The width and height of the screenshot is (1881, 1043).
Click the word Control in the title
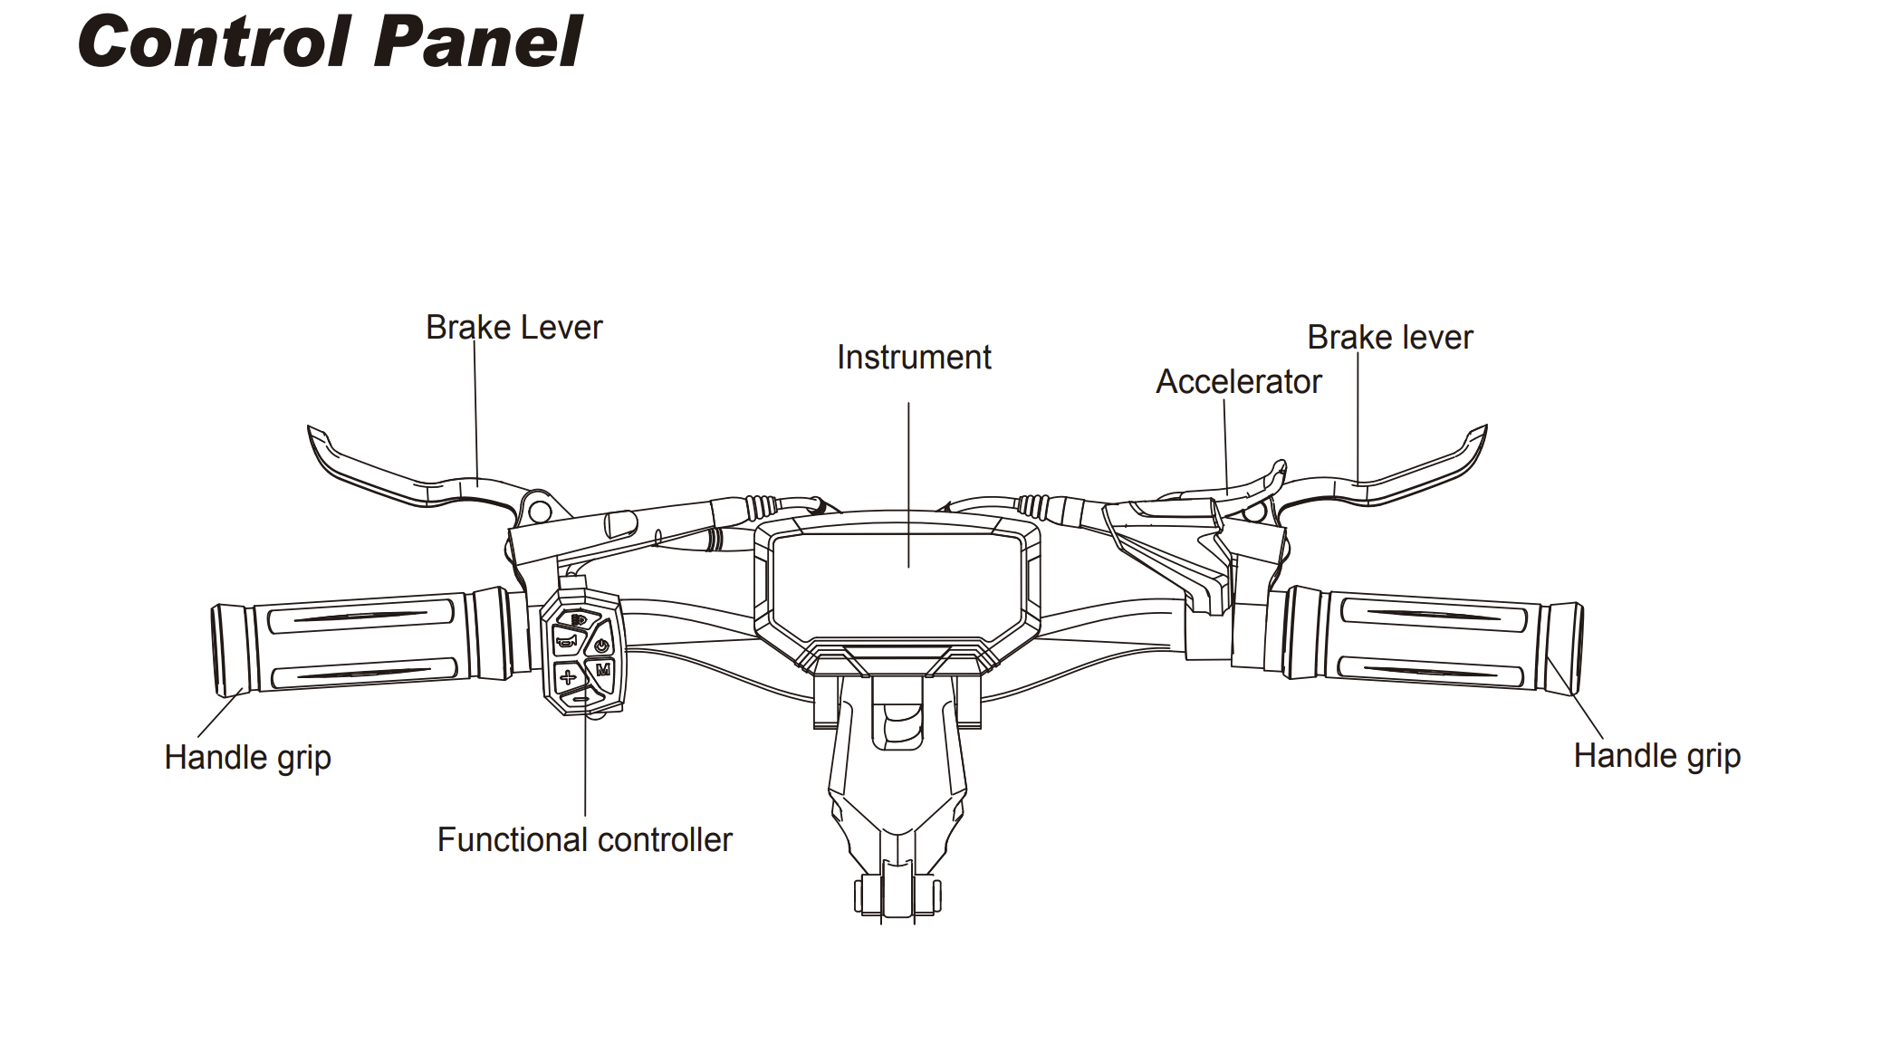click(x=215, y=42)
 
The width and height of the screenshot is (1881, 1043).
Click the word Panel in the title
click(x=477, y=42)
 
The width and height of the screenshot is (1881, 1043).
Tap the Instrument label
click(x=913, y=358)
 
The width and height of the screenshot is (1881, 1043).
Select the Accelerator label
click(x=1238, y=382)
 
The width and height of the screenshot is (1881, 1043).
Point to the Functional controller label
click(x=584, y=840)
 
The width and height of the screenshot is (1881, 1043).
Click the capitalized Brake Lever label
click(x=513, y=328)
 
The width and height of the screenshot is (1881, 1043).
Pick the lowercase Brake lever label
click(x=1389, y=338)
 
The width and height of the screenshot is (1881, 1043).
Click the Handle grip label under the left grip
click(x=247, y=758)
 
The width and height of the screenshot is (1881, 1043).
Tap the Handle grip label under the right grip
click(x=1656, y=756)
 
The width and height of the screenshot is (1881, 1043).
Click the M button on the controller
click(x=603, y=670)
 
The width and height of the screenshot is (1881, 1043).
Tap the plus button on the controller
click(x=568, y=676)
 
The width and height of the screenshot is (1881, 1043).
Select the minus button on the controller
click(x=581, y=698)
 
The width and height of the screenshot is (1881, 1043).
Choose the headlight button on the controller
click(x=578, y=620)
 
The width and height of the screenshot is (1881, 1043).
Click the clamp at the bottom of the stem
click(x=897, y=895)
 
